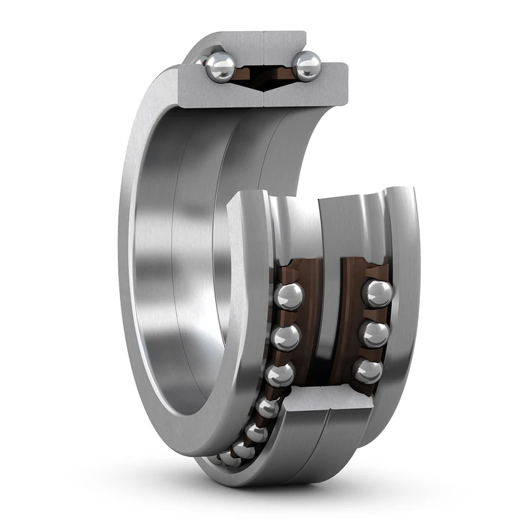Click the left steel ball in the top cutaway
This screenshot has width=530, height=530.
coord(220,67)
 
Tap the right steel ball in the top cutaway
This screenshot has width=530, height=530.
coord(307,66)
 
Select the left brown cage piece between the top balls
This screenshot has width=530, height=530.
coord(246,74)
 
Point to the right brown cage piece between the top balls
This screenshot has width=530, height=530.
coord(282,74)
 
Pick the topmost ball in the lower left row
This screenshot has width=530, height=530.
coord(288,295)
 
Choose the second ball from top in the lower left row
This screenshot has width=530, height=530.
coord(286,337)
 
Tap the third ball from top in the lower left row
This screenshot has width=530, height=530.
coord(279,374)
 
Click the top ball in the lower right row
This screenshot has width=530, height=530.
coord(376,293)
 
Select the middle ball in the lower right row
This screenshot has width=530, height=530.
coord(374,333)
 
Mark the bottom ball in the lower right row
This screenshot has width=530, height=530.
coord(369,371)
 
